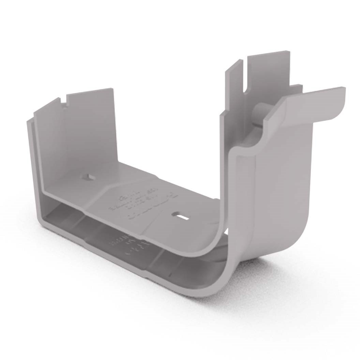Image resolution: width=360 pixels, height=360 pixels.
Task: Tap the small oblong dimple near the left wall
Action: (88, 177)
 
